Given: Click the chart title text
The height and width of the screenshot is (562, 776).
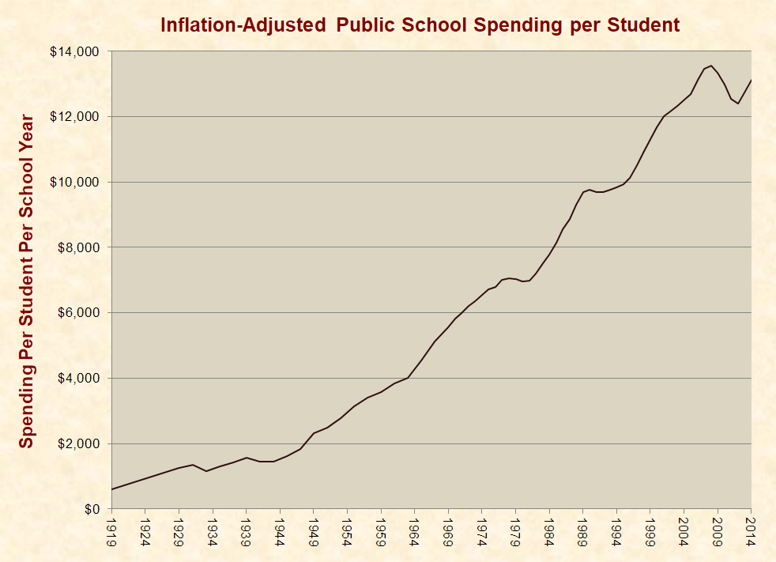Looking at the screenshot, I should [x=420, y=25].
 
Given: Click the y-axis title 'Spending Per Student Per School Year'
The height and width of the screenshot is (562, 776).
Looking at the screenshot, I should [x=27, y=281].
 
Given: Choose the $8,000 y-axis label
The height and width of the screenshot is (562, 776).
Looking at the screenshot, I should [x=80, y=247].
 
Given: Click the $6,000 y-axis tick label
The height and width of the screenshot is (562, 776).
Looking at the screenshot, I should [x=80, y=313].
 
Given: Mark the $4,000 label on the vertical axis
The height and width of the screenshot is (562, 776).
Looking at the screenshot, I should [x=80, y=379].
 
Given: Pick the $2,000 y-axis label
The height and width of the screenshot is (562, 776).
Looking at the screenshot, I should [x=80, y=443].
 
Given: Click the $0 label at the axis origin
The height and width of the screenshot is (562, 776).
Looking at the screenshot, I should [x=92, y=509].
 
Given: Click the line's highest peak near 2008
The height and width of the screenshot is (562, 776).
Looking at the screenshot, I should [x=710, y=66].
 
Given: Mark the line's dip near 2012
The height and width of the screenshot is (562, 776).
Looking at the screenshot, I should [x=738, y=104].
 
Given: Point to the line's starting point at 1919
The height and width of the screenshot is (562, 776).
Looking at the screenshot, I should [x=111, y=489].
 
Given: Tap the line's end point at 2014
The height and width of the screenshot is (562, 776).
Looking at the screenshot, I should [x=750, y=80].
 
